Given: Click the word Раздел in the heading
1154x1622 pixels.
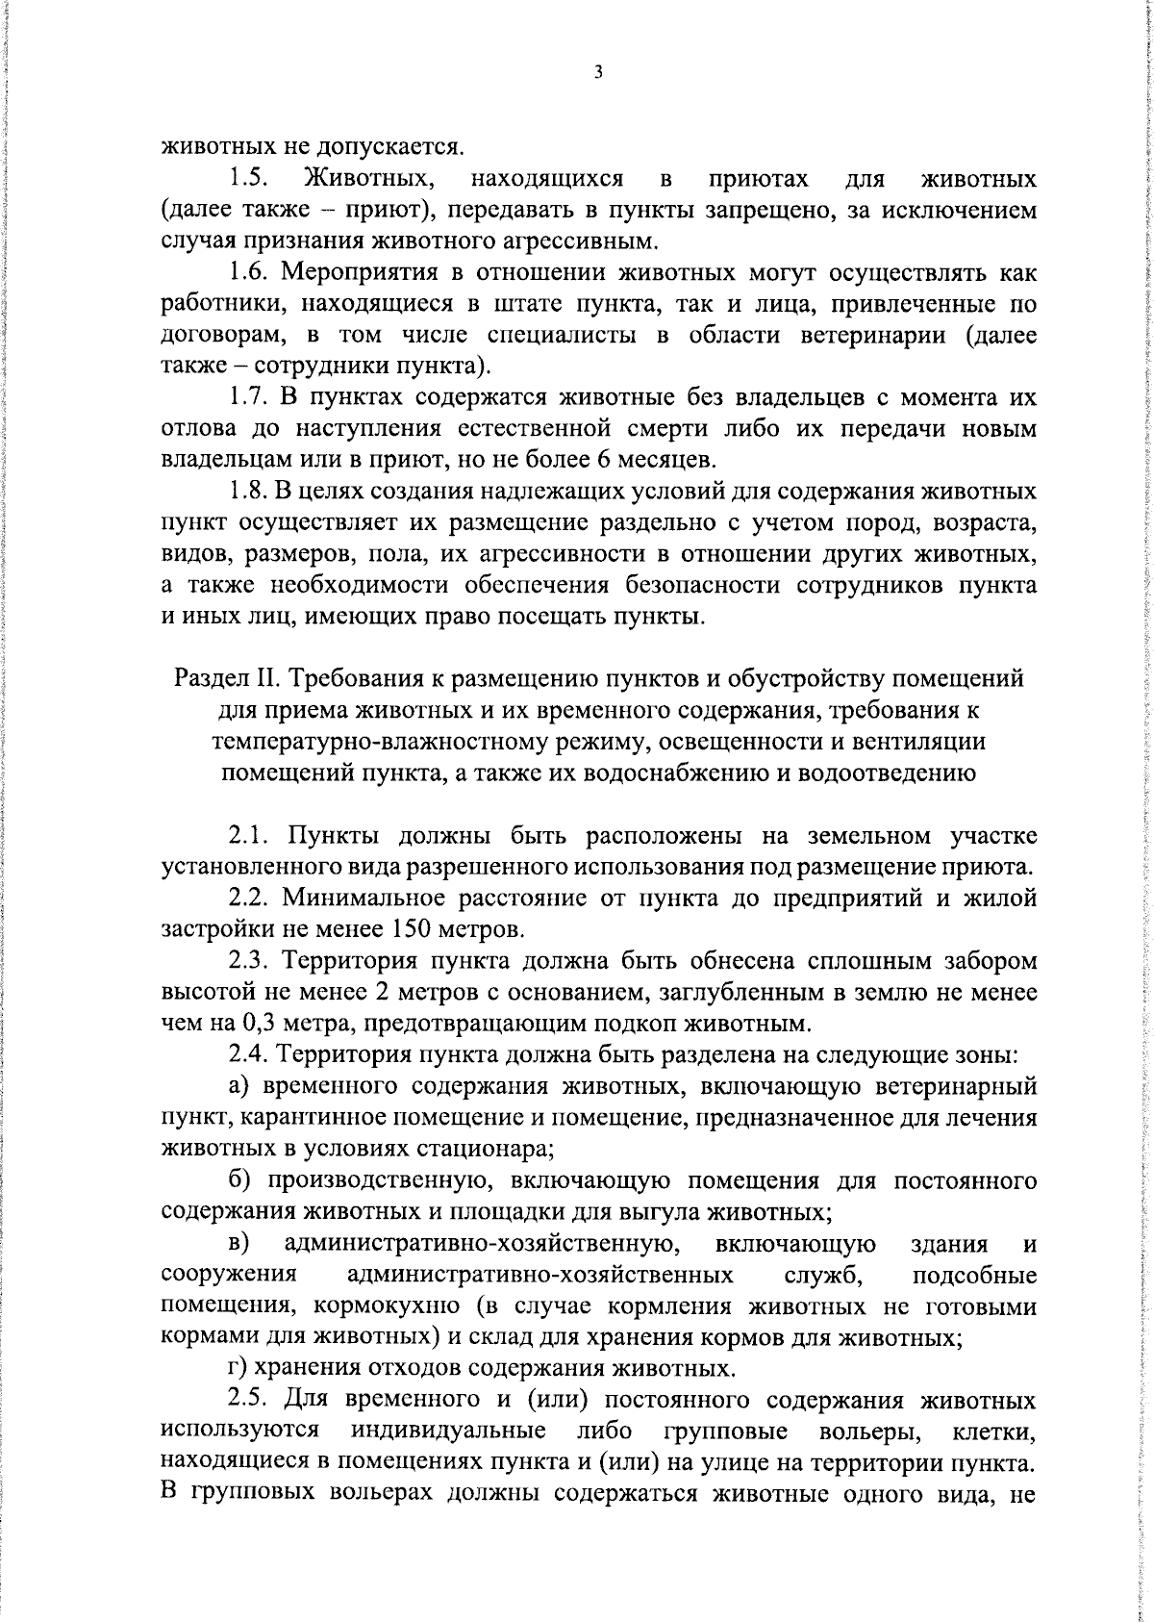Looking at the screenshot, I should pos(211,679).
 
